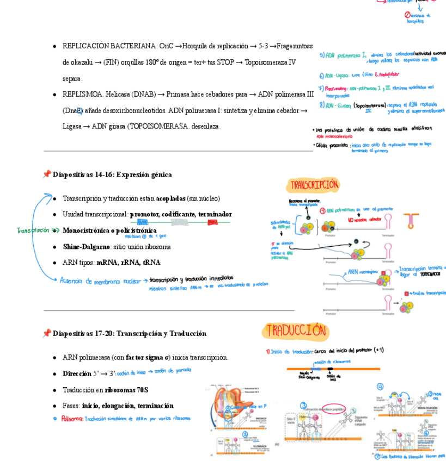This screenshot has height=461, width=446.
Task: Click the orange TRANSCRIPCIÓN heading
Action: tap(314, 185)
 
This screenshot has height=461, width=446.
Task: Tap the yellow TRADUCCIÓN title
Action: tap(296, 331)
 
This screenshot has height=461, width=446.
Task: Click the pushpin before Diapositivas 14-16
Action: tap(47, 175)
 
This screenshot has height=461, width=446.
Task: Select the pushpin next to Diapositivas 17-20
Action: tap(47, 333)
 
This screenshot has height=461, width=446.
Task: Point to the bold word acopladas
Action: tap(170, 198)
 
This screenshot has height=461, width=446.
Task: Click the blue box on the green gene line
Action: tap(142, 222)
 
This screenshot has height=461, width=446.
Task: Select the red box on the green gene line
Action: tap(212, 222)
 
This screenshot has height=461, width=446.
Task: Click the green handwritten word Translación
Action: tap(33, 230)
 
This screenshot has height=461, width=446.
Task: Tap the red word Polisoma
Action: tap(72, 419)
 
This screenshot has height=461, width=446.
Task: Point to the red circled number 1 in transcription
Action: tap(322, 211)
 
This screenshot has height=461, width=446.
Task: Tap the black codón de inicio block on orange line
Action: tap(330, 370)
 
